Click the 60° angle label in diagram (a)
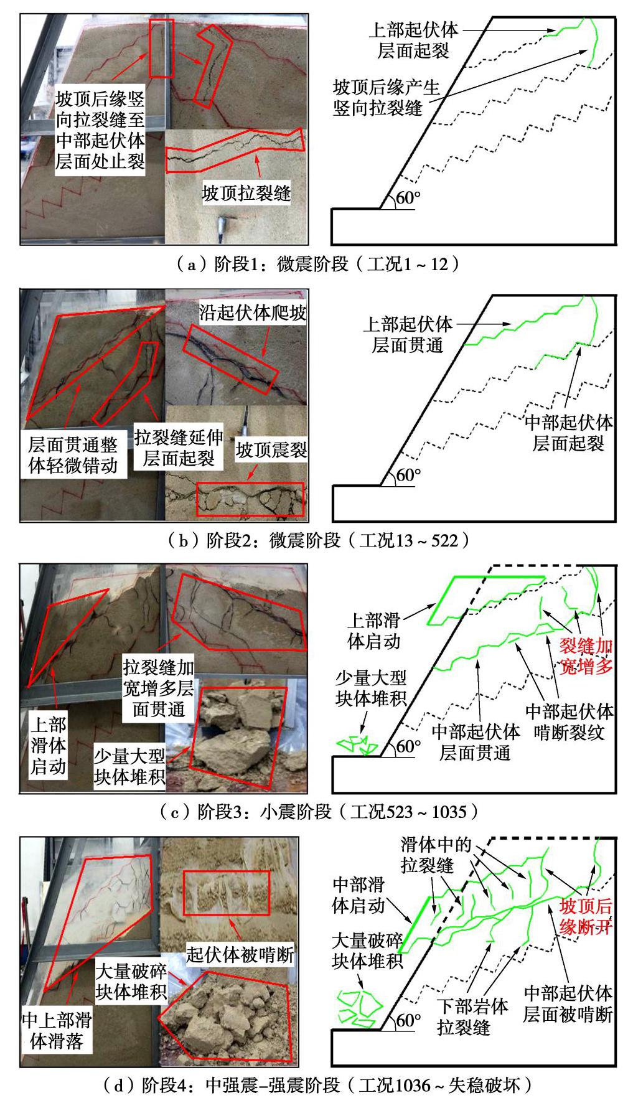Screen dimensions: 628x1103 (408, 199)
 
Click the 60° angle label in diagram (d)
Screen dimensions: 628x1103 (408, 1020)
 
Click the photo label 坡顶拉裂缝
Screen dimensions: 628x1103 (246, 193)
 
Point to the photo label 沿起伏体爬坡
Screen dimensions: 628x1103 (253, 312)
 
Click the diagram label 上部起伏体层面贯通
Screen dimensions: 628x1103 (408, 334)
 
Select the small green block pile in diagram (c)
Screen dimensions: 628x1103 (357, 744)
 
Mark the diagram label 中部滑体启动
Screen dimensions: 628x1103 (359, 894)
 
